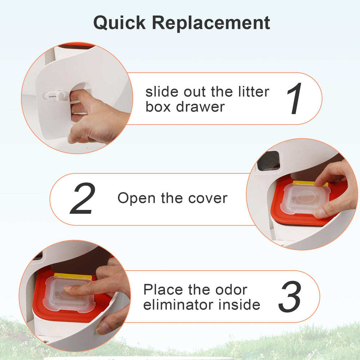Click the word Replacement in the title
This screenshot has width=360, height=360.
pos(211,23)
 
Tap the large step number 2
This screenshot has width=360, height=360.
pos(83,199)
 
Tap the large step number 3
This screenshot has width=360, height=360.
pos(290,297)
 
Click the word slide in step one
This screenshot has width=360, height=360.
pos(162,92)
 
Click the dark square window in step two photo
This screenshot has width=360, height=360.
pos(269,161)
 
